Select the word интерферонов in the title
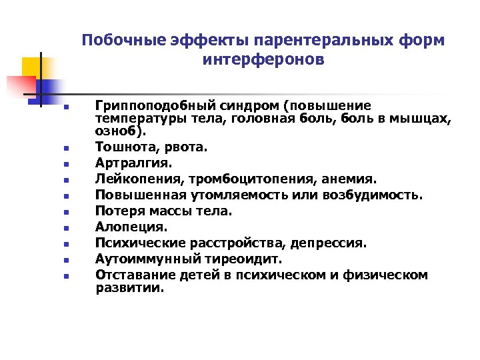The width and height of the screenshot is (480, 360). [263, 60]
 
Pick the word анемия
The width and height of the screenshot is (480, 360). [351, 179]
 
